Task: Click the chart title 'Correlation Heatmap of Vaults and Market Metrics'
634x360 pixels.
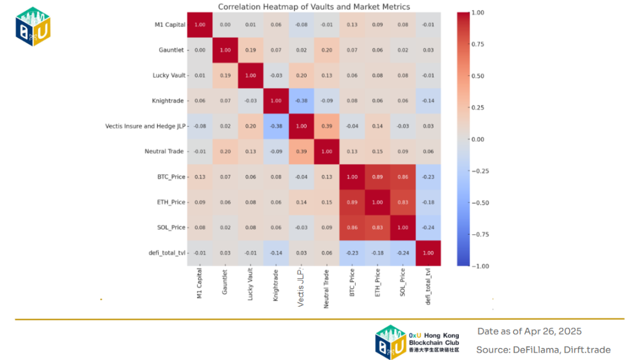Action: tap(314, 7)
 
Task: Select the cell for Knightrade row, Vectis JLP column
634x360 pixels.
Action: tap(302, 101)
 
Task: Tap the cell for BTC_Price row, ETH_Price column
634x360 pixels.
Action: tap(377, 177)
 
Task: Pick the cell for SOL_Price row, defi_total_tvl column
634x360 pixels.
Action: tap(428, 228)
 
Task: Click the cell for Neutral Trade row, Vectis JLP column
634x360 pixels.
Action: tap(302, 152)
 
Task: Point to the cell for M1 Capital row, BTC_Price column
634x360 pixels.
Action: tap(352, 24)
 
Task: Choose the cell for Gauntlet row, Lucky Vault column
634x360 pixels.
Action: tap(251, 50)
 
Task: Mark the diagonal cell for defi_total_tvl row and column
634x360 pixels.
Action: tap(428, 253)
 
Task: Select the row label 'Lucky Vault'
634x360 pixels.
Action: tap(169, 75)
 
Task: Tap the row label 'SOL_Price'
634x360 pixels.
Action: tap(170, 228)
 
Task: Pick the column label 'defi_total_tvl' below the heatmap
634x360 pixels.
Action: tap(428, 287)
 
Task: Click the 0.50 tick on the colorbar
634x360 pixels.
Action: tap(478, 76)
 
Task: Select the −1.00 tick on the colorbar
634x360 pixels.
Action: tap(479, 266)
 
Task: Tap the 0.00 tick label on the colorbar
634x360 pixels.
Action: tap(478, 139)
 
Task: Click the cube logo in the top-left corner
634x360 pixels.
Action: tap(33, 26)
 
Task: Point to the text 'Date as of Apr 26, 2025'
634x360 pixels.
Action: tap(529, 331)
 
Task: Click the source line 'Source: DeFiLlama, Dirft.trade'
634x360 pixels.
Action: tap(543, 350)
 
